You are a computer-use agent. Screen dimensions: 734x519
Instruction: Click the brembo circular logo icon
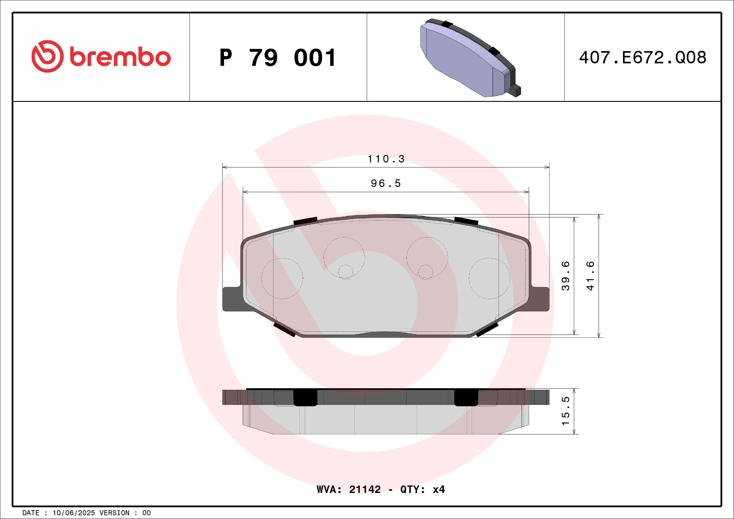click(47, 56)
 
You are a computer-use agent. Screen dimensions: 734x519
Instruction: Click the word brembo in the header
click(120, 57)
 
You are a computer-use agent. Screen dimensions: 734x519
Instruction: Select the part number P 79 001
click(278, 58)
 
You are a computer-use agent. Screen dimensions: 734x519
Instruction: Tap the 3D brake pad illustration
click(470, 58)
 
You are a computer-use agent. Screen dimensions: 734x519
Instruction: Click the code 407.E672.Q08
click(643, 57)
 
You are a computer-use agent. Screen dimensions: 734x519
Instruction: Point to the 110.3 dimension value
click(386, 159)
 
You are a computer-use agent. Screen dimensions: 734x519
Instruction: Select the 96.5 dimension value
click(386, 183)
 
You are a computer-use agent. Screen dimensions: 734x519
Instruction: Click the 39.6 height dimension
click(565, 275)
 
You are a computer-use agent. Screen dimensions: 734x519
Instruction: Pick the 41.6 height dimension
click(590, 275)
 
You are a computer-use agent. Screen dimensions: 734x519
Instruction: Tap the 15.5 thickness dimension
click(565, 411)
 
